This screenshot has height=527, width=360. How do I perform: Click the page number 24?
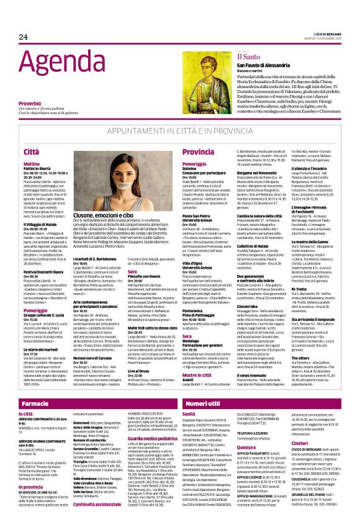[x=23, y=37]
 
